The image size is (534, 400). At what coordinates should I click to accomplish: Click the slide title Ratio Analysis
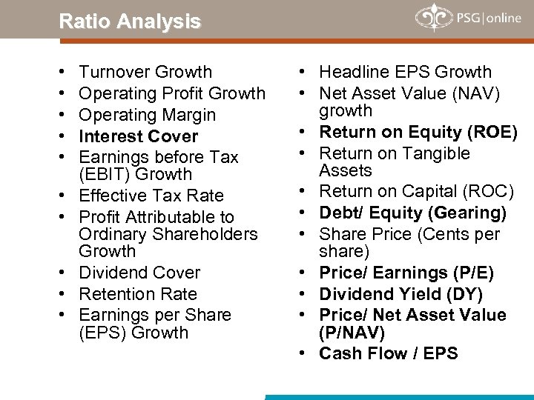coord(130,21)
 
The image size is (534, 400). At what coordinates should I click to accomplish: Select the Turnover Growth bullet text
coord(145,72)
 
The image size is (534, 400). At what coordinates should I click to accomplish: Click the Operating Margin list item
coord(148,115)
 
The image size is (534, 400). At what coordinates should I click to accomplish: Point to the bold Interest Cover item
coord(139,136)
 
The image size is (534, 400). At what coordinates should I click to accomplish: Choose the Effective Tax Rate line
coord(151,196)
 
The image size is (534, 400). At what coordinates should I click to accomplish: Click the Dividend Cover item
coord(139,273)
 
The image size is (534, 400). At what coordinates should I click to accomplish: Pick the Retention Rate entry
coord(138,294)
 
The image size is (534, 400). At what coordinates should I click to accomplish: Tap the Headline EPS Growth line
coord(406,72)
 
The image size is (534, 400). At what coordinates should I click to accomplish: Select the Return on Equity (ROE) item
coord(418,132)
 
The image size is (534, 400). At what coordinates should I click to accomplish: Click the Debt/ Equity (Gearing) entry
coord(413,213)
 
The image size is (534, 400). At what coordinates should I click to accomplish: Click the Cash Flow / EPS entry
coord(389,353)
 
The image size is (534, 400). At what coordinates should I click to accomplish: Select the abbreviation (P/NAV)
coord(351,332)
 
